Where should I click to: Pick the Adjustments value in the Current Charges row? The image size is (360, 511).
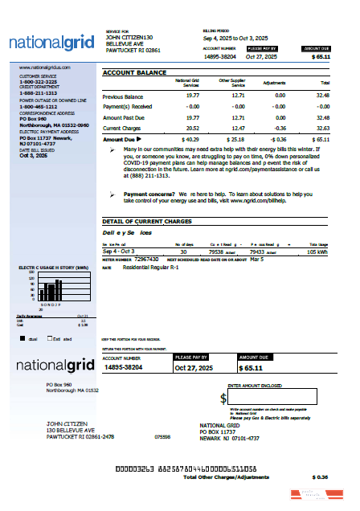pos(279,127)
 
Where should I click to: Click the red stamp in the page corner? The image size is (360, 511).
pos(309,495)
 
